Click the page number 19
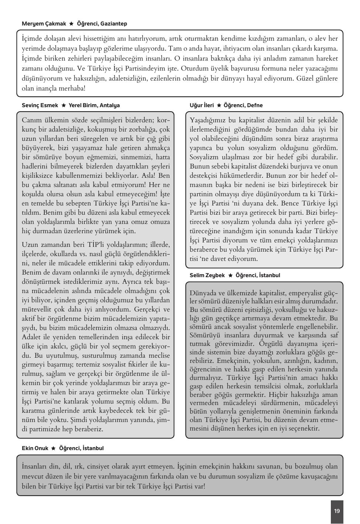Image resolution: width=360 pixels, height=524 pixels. coord(337,511)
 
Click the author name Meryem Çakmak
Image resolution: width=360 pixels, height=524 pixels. coord(44,24)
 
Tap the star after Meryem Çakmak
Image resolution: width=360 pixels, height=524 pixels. coord(72,24)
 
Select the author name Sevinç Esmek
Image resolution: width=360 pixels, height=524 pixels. coord(40,105)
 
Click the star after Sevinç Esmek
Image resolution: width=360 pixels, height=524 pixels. coord(64,105)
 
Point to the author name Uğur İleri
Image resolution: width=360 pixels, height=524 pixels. coord(202,105)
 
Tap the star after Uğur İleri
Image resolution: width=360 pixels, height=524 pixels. coord(219,105)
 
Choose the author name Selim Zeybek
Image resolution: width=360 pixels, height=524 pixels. coord(207,275)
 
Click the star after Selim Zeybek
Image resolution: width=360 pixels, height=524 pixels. coord(230,275)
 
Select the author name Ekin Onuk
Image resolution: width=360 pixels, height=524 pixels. coord(35,448)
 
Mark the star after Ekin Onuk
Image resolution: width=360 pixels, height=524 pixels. coord(54,448)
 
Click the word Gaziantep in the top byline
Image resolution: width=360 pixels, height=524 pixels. coord(114,24)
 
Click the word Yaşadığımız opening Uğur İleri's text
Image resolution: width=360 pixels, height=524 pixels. coord(208,120)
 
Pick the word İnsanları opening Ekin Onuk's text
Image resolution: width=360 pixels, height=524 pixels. coord(36,466)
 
